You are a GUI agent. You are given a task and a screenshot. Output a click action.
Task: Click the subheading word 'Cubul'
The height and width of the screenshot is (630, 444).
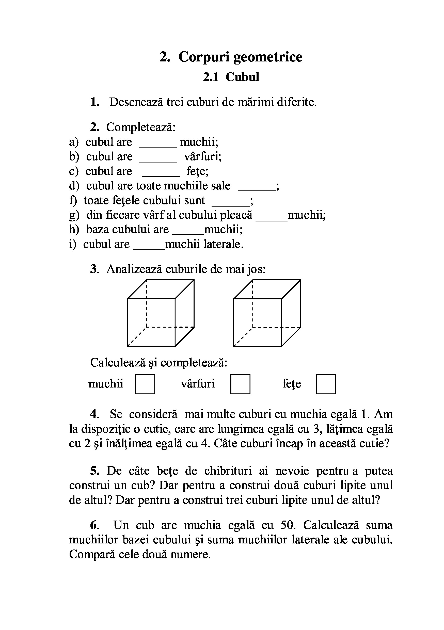click(242, 77)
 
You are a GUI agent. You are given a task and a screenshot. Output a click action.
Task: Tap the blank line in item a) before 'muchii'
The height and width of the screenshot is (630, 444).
click(157, 146)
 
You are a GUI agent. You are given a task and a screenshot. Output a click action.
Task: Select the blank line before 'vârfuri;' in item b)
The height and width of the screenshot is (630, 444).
click(158, 161)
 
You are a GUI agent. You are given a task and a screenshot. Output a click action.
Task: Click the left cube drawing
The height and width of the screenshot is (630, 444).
click(161, 313)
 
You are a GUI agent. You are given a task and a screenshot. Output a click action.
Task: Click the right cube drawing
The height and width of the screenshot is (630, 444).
click(267, 313)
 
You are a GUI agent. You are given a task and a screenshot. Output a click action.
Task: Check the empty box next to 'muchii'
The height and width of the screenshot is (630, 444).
click(145, 384)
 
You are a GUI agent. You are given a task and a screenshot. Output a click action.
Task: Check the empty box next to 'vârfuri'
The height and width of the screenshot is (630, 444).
click(240, 384)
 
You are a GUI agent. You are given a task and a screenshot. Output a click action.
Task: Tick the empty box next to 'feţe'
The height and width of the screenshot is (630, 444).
click(326, 384)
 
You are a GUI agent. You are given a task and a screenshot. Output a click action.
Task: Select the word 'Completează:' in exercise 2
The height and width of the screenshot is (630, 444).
click(141, 127)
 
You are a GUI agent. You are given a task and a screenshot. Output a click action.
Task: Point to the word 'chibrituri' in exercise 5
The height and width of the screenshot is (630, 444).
click(228, 471)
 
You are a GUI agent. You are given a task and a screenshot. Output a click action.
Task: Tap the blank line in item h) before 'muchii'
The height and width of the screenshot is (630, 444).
click(188, 234)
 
